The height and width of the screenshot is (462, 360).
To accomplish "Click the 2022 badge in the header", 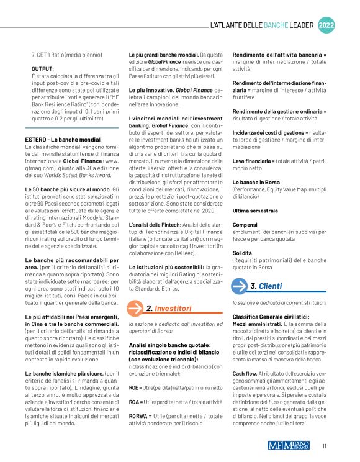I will pos(326,25).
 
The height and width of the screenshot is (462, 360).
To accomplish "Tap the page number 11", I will pos(325,445).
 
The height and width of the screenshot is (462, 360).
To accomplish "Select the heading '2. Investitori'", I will pos(168,308).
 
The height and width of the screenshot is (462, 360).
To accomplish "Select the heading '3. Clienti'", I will pos(266,286).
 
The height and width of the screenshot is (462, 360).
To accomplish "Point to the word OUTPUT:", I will pos(43,69).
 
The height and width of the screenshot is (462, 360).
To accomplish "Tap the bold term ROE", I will pos(133,387).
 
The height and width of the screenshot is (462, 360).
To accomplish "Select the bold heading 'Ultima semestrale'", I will pos(256,212).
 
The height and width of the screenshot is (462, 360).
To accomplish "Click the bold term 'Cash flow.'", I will pos(246,373).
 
